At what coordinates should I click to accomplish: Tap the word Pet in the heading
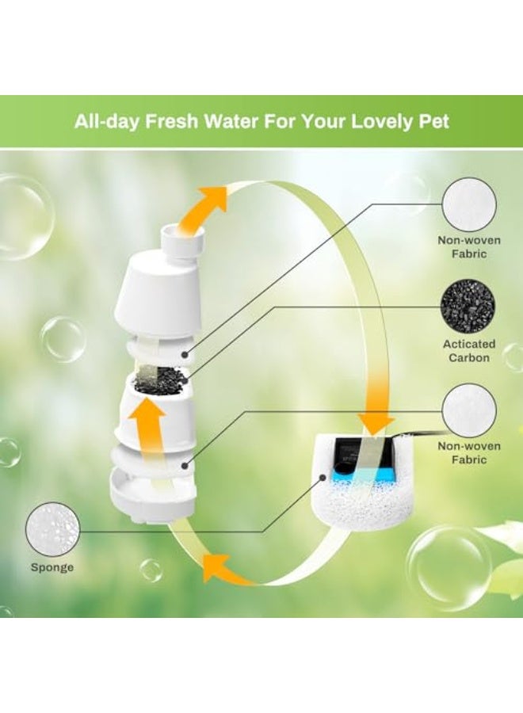tap(433, 122)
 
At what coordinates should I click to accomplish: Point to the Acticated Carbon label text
tap(468, 351)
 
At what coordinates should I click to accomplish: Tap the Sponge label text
tap(52, 567)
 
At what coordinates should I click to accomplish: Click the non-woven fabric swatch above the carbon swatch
tap(468, 204)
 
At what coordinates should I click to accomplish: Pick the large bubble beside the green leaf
tap(448, 566)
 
